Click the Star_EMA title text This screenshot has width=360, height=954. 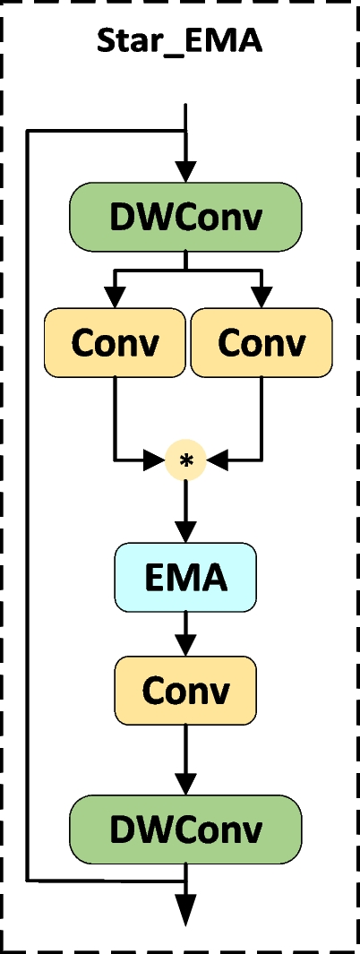coord(180,42)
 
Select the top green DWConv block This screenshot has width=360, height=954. coord(185,217)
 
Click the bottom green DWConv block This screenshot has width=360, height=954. coord(185,829)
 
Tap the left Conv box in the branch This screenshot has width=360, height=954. coord(114,342)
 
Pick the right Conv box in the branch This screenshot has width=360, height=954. coord(261,342)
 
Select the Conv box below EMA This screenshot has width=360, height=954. coord(185,690)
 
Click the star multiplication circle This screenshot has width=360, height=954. coord(186,461)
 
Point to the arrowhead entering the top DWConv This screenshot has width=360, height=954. coord(185,171)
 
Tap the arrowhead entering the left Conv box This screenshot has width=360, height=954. coord(114,297)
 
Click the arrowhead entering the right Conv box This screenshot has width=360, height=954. coord(261,297)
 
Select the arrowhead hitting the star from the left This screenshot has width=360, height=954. coord(158,461)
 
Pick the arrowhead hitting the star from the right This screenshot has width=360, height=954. coord(215,461)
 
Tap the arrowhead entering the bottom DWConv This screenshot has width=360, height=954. coord(185,783)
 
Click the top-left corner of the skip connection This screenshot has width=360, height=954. coord(28,133)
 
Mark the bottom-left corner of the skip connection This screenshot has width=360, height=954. coord(28,880)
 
